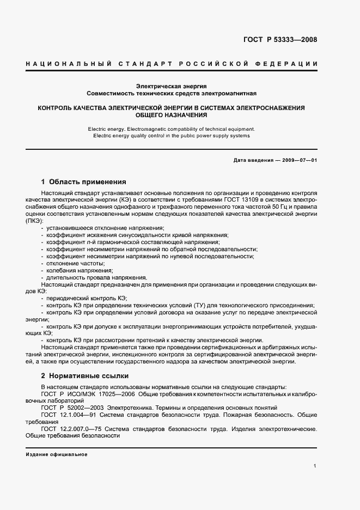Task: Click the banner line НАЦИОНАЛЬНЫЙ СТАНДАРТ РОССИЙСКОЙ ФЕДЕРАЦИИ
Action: coord(172,64)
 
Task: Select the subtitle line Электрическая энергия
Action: coord(171,86)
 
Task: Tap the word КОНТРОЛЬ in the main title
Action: coord(57,108)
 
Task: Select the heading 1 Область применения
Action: coord(84,182)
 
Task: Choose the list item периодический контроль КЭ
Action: coord(87,299)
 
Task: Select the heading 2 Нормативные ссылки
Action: coord(86,376)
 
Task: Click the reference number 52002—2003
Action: coord(86,408)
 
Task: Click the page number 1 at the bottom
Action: coord(315,465)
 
